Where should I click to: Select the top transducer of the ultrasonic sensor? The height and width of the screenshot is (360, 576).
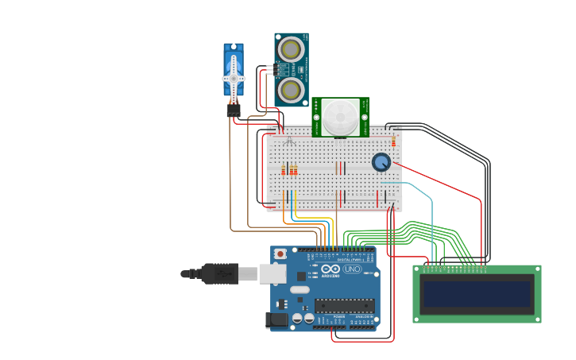tap(290, 50)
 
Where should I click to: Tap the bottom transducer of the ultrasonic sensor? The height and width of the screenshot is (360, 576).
tap(290, 90)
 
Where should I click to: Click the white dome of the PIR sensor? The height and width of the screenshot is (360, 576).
tap(339, 117)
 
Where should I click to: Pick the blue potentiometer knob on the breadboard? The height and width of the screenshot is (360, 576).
tap(381, 162)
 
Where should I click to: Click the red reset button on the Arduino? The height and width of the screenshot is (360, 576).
tap(280, 254)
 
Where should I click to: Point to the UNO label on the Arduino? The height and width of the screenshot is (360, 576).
tap(351, 269)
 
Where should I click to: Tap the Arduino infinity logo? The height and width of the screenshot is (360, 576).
tap(331, 269)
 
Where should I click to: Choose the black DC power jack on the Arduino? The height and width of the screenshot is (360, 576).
tap(276, 319)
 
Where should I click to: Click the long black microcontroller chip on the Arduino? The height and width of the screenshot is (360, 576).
tap(344, 305)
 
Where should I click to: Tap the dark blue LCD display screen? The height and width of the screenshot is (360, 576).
tap(477, 294)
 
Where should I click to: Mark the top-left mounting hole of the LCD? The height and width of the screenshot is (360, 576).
tap(417, 269)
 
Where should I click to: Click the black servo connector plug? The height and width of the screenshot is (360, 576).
tap(234, 111)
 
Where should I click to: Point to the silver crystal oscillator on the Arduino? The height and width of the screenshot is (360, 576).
tap(299, 290)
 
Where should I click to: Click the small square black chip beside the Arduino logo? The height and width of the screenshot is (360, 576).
tap(302, 276)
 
